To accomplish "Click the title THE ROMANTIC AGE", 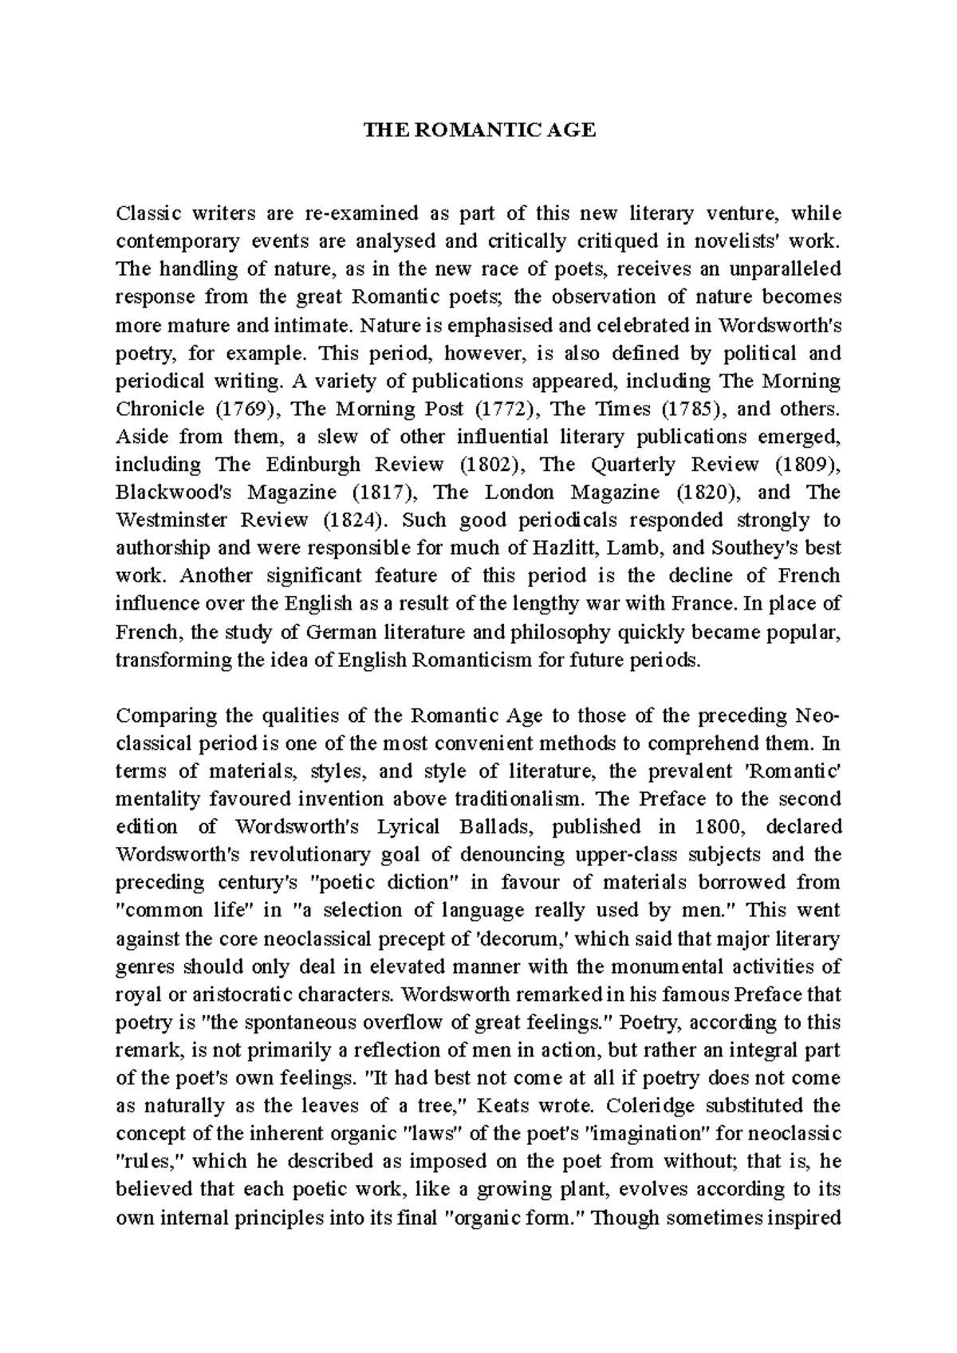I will tap(479, 131).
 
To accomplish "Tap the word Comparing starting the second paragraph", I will tap(162, 716).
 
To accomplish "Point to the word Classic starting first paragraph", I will tap(148, 214).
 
